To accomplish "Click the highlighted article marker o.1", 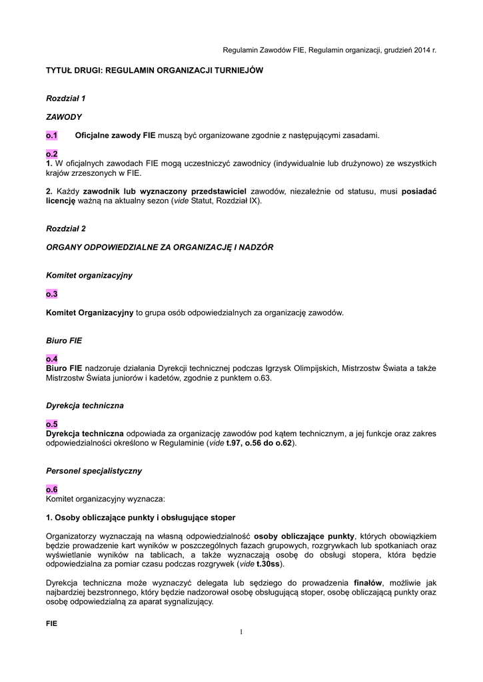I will [x=52, y=135].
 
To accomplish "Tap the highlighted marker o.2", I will [x=52, y=154].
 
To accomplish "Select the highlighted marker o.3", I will [x=52, y=294].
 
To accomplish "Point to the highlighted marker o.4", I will [x=52, y=358].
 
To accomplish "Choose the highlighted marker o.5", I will [x=52, y=424].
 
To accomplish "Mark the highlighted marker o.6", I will [x=52, y=489].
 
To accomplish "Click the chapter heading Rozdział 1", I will [x=66, y=98].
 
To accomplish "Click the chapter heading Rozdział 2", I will [x=66, y=228].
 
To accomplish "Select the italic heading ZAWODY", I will [x=64, y=117].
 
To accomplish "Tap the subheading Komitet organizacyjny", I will [x=89, y=275].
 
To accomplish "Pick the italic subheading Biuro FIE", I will [x=64, y=340].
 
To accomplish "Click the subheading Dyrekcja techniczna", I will [x=85, y=405].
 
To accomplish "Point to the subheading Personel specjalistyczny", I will [x=94, y=470].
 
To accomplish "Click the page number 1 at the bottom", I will [x=241, y=631].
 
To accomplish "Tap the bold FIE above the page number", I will [x=52, y=623].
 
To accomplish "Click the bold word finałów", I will [x=372, y=583].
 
